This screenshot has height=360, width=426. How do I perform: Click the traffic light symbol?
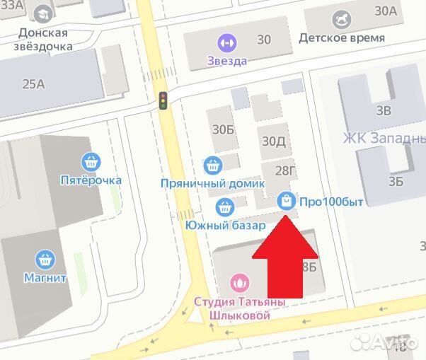tap(163, 100)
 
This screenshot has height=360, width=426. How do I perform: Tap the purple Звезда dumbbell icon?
tap(227, 42)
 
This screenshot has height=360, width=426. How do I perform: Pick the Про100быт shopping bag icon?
tap(286, 202)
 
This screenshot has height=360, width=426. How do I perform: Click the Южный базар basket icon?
tap(225, 207)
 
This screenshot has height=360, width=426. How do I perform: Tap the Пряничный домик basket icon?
tap(212, 166)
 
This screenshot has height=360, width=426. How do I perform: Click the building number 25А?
tap(33, 84)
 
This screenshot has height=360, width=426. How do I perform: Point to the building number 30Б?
tap(223, 129)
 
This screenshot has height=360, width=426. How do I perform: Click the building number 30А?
tap(386, 11)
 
